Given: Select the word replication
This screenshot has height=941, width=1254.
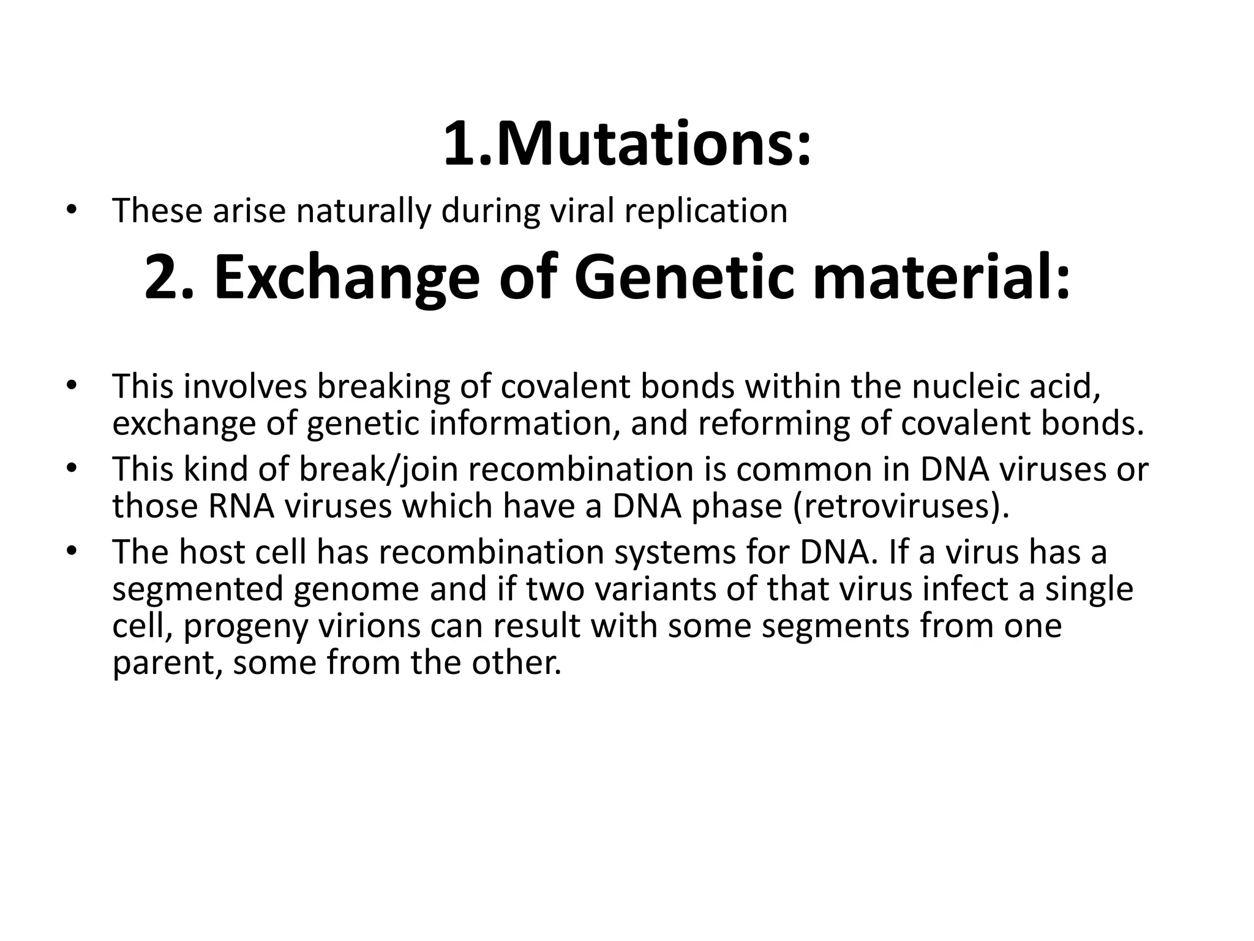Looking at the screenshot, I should (705, 212).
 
